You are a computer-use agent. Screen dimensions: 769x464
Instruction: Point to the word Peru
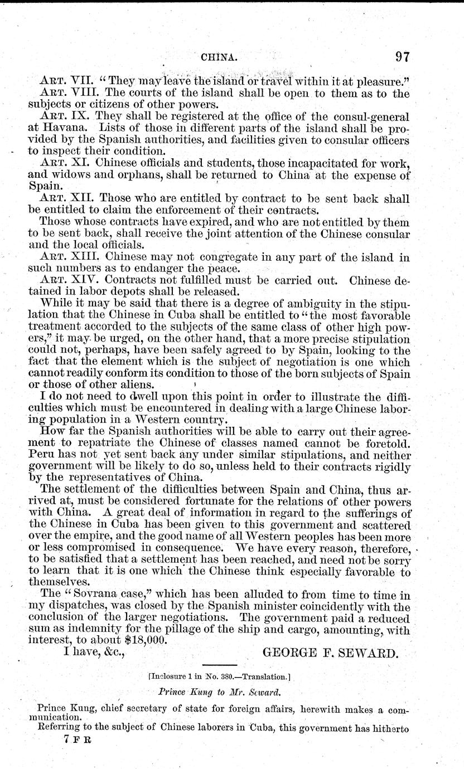point(41,455)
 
